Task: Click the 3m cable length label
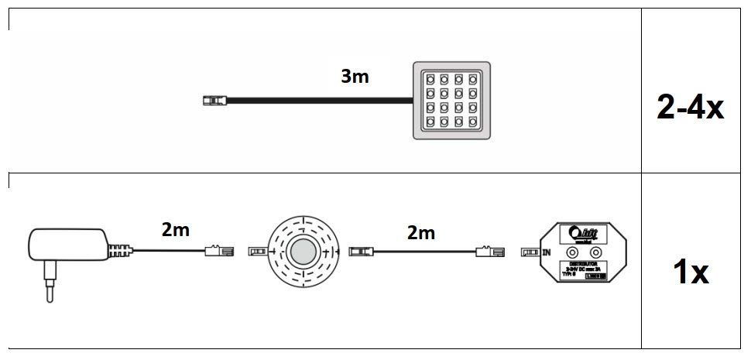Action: [355, 77]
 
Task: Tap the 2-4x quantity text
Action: [690, 108]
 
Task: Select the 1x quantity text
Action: [689, 272]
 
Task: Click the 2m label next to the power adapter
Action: [175, 229]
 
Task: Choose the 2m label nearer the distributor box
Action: [420, 232]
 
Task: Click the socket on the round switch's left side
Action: [258, 252]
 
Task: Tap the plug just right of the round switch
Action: [362, 251]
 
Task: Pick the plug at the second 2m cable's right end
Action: [489, 251]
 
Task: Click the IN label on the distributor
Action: [548, 252]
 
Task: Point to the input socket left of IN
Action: [531, 252]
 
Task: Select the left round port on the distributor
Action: [573, 252]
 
